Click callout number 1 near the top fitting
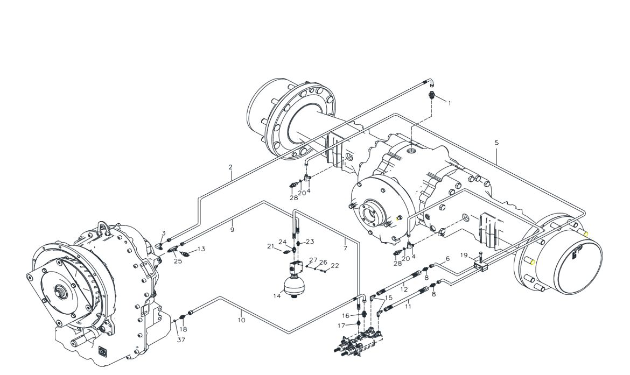(449, 103)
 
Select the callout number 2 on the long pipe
(230, 167)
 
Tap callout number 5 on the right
(496, 143)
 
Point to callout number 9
(232, 230)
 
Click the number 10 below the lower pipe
(241, 320)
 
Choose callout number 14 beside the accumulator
(277, 296)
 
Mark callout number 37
(181, 340)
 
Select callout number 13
(201, 249)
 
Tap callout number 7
(345, 249)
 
